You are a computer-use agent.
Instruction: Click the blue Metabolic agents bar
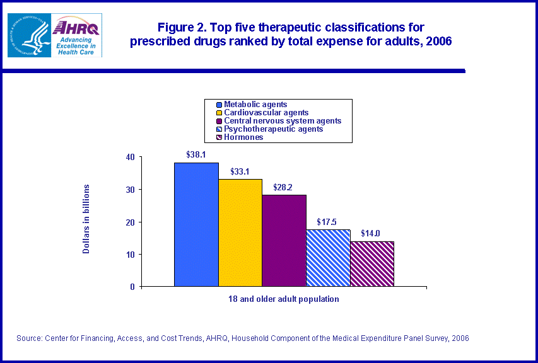click(x=196, y=224)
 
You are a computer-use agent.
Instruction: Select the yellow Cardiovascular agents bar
click(x=240, y=233)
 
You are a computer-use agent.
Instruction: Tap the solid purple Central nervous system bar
click(x=284, y=240)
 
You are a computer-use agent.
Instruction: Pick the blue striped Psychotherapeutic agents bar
click(x=328, y=258)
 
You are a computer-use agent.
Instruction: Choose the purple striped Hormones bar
click(x=372, y=263)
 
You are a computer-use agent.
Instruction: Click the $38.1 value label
click(x=196, y=154)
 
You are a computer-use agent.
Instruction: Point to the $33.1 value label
click(x=240, y=170)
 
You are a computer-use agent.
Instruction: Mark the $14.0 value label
click(x=371, y=233)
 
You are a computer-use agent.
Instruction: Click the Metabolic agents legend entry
click(x=255, y=105)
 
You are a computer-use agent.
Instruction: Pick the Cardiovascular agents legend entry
click(x=262, y=113)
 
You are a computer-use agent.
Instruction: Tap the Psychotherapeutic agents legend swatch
click(x=219, y=129)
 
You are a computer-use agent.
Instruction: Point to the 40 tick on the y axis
click(x=131, y=157)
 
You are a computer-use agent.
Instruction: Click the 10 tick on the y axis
click(x=131, y=254)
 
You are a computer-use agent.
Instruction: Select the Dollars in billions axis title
click(x=86, y=219)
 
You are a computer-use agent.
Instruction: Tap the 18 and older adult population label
click(x=284, y=299)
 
